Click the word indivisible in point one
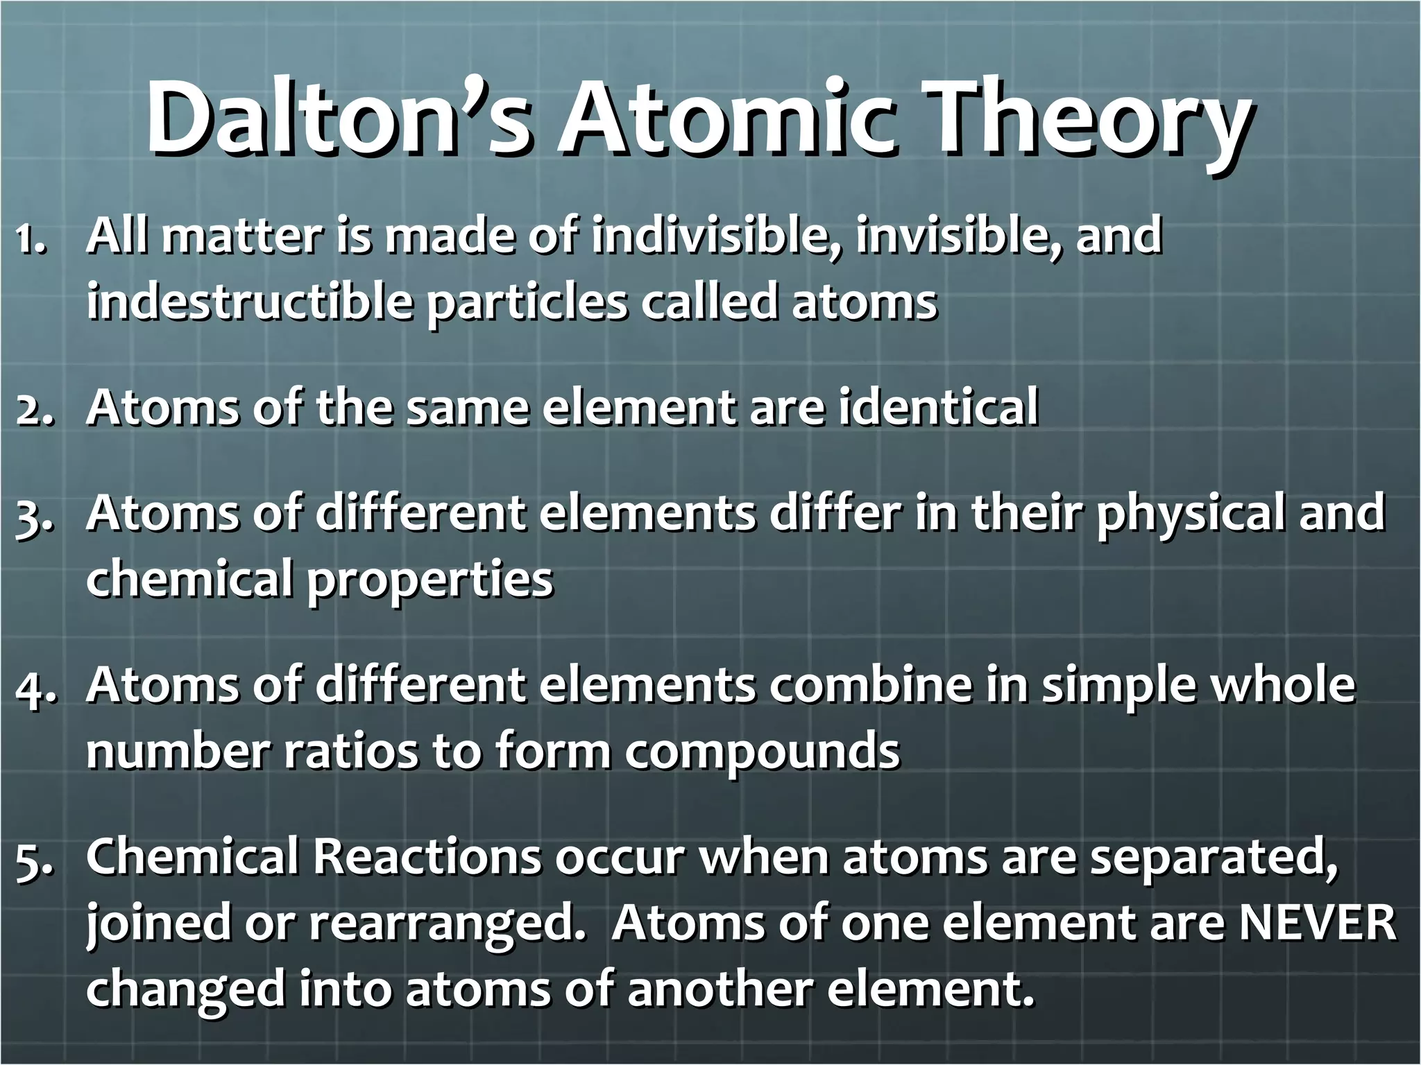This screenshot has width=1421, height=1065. [x=715, y=236]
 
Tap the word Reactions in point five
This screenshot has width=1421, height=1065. [x=427, y=858]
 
